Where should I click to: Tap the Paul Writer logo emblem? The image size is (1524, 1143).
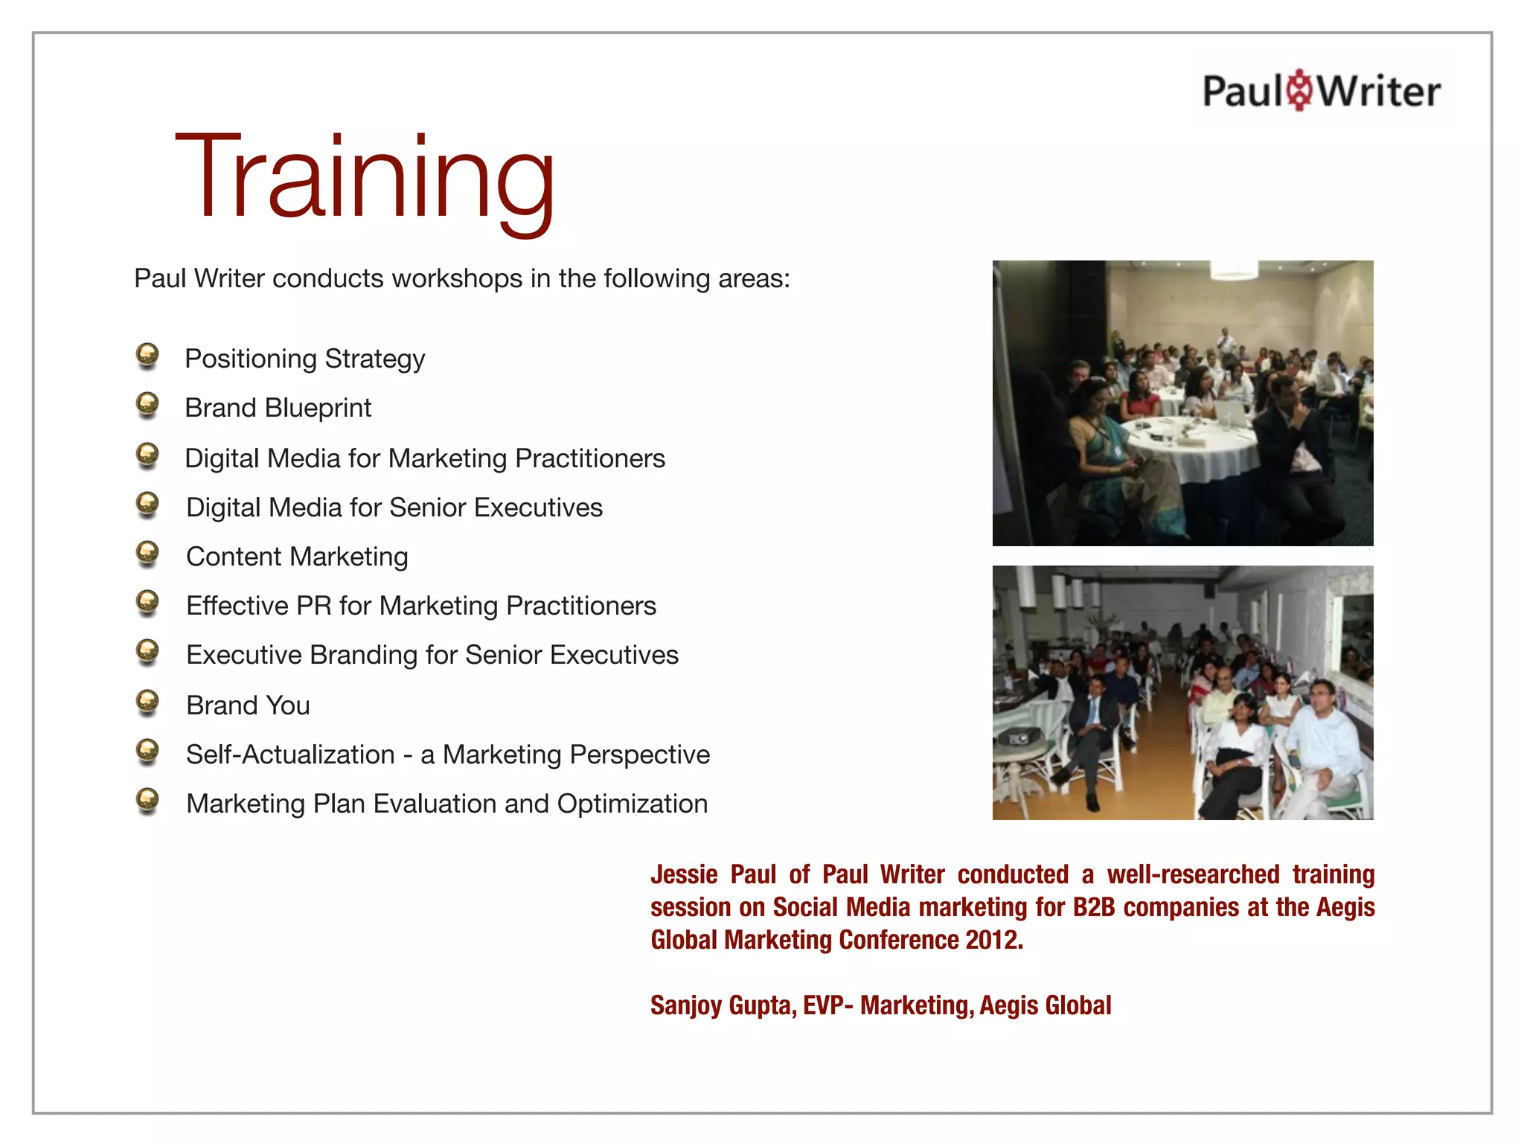(x=1300, y=91)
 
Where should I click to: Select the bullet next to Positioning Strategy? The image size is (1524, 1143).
(x=148, y=355)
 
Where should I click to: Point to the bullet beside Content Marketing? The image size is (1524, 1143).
(x=148, y=553)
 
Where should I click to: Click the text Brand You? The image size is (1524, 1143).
(x=248, y=705)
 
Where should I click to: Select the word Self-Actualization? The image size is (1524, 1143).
(x=290, y=755)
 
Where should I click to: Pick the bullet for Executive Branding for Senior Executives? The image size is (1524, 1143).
(x=148, y=651)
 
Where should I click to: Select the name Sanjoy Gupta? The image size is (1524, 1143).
(x=723, y=1005)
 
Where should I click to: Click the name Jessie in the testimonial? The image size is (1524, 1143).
(x=684, y=874)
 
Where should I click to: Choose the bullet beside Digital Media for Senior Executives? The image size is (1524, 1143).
(x=148, y=504)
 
